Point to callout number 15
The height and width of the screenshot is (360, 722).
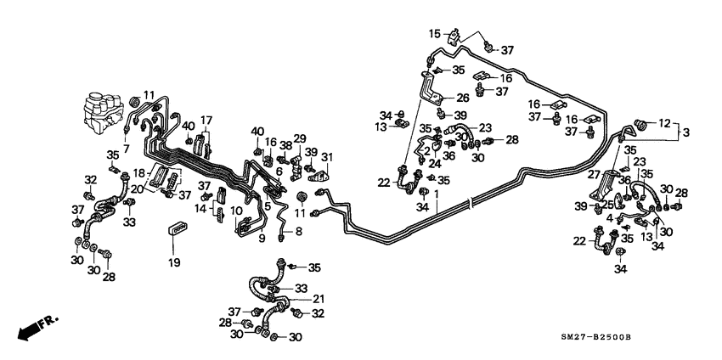coord(435,33)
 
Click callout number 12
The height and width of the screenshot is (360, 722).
coord(665,122)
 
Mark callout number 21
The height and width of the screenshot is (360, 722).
coord(319,299)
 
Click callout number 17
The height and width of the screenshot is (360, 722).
coord(206,120)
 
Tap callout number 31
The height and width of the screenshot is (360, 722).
coord(327,156)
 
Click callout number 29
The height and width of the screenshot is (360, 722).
coord(299,138)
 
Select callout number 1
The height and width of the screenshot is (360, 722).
coord(437,194)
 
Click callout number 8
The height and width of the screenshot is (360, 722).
coord(297,231)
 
